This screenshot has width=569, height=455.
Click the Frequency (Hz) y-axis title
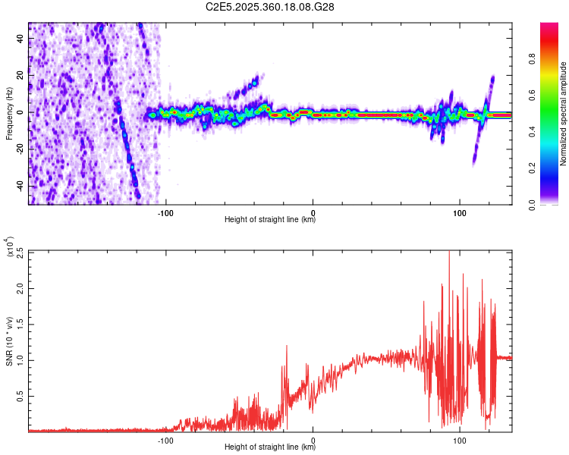point(8,114)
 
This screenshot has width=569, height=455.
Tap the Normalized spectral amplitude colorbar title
point(564,114)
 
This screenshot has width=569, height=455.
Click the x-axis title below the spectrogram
point(270,220)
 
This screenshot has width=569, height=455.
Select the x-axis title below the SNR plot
point(270,447)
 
